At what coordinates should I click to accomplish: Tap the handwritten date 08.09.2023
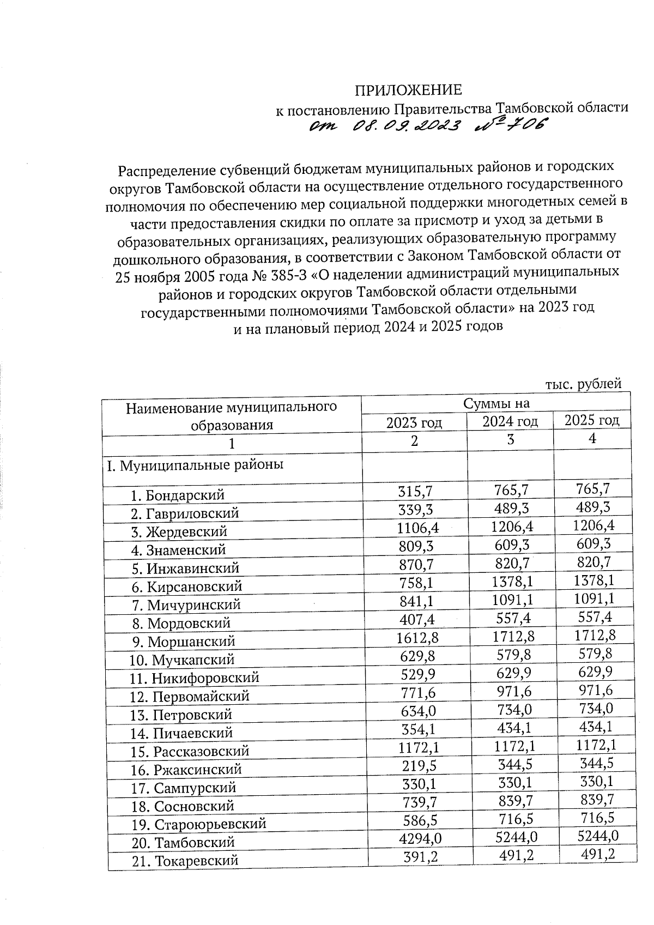pyautogui.click(x=405, y=126)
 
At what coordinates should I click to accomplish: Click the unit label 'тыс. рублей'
pyautogui.click(x=583, y=384)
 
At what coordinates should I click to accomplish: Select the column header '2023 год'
pyautogui.click(x=414, y=422)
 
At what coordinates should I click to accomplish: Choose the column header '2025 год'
pyautogui.click(x=591, y=420)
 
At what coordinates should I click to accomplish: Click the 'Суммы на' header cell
pyautogui.click(x=496, y=403)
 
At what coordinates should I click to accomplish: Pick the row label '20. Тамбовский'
pyautogui.click(x=183, y=842)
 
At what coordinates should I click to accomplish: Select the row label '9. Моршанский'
pyautogui.click(x=183, y=641)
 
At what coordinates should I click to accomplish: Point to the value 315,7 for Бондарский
pyautogui.click(x=415, y=492)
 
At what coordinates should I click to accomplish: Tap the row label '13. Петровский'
pyautogui.click(x=181, y=714)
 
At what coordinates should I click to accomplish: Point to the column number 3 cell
pyautogui.click(x=510, y=439)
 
